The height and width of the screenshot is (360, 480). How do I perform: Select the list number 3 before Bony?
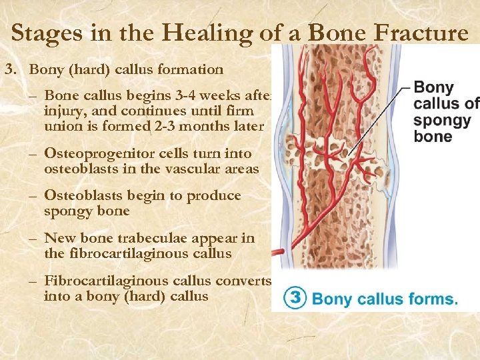pyautogui.click(x=9, y=69)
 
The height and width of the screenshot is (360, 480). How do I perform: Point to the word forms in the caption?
pyautogui.click(x=433, y=298)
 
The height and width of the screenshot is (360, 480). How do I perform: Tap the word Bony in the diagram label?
pyautogui.click(x=433, y=87)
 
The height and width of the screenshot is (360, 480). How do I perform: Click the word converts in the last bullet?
pyautogui.click(x=245, y=281)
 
